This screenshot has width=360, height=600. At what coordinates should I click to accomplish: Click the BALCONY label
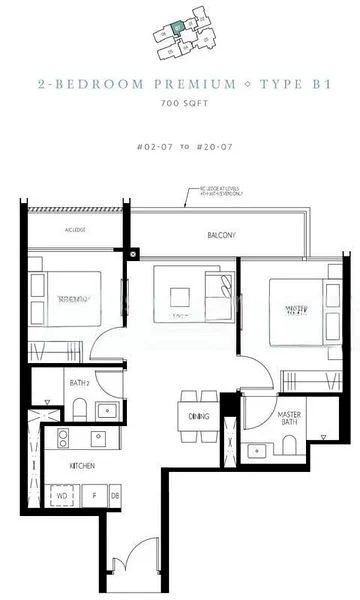pyautogui.click(x=222, y=236)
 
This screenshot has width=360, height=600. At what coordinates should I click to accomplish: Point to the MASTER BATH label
pyautogui.click(x=262, y=418)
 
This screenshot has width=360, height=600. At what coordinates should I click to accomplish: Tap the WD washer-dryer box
pyautogui.click(x=61, y=495)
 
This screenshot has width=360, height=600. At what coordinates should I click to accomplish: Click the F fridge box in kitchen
pyautogui.click(x=94, y=495)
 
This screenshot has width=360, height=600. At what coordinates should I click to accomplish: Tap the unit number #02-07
pyautogui.click(x=152, y=147)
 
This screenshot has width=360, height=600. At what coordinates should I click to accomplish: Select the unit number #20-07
pyautogui.click(x=209, y=147)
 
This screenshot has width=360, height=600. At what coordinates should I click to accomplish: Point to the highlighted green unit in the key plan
pyautogui.click(x=176, y=29)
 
